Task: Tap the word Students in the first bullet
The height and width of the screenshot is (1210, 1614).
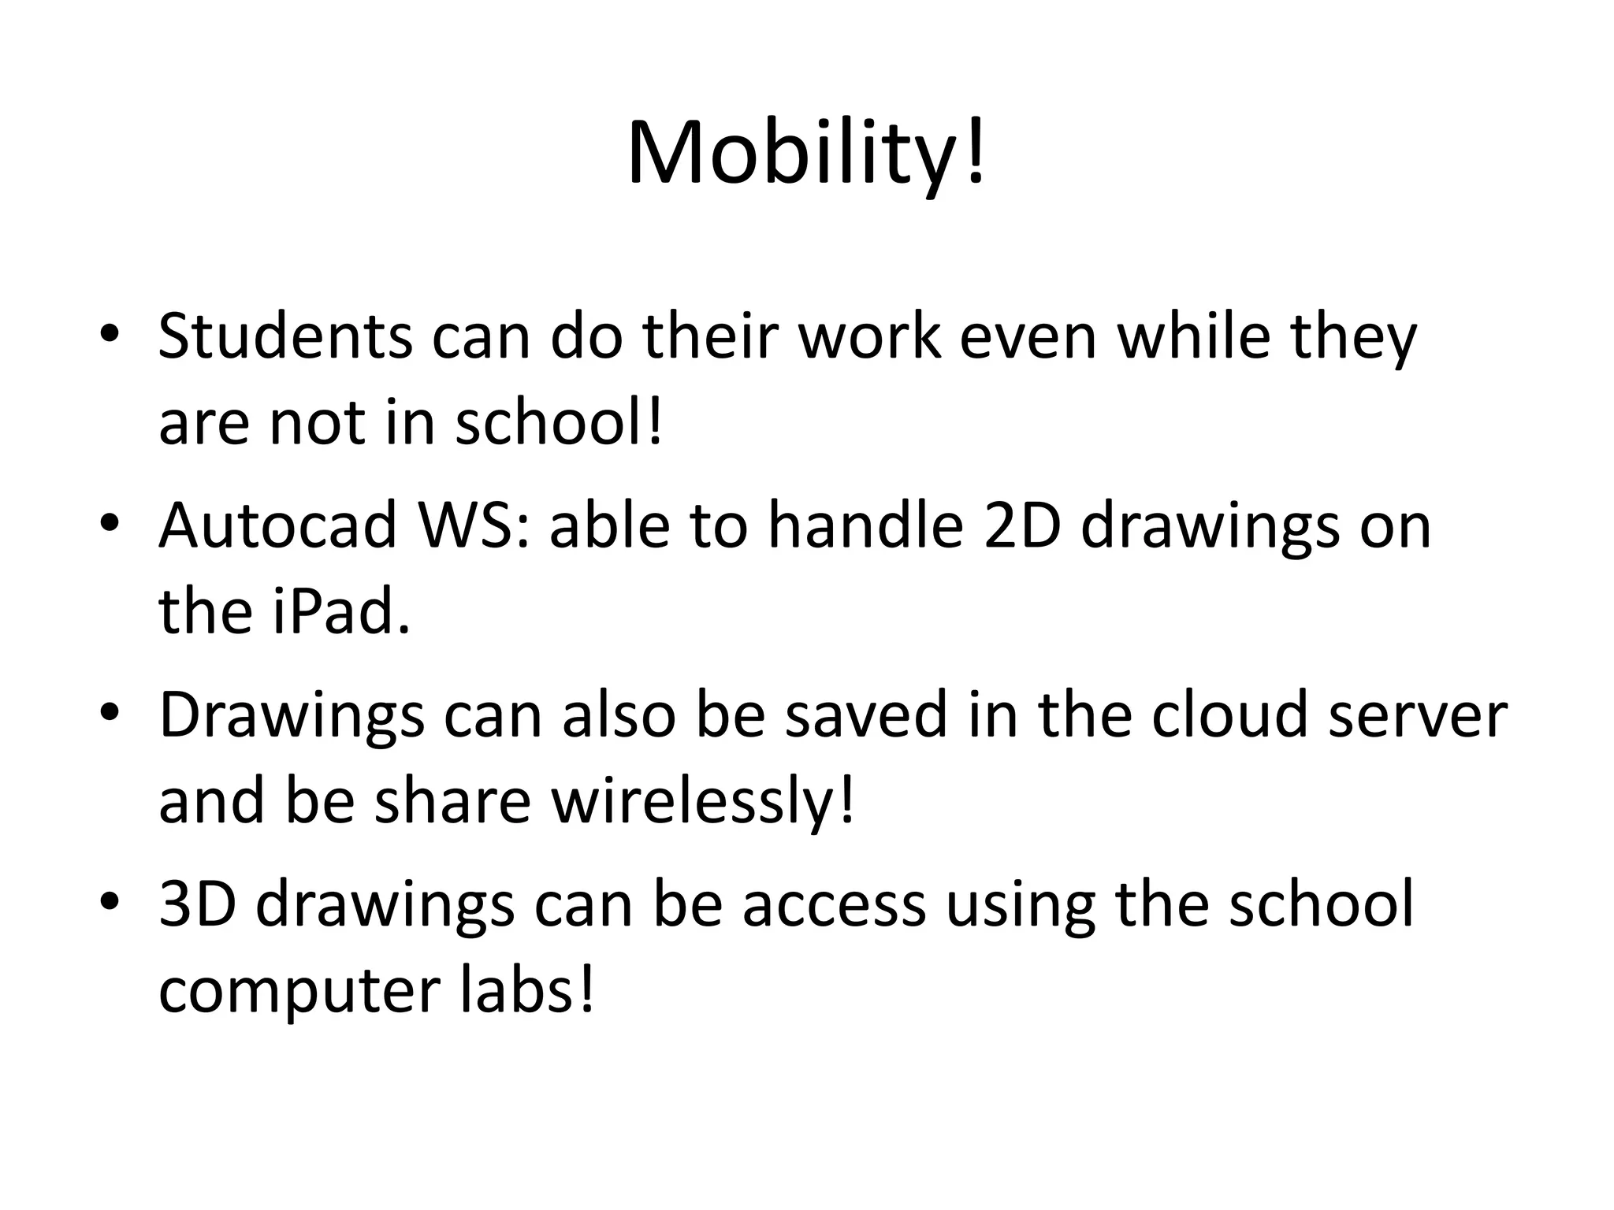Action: [x=284, y=336]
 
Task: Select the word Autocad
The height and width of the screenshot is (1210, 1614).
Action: [x=277, y=525]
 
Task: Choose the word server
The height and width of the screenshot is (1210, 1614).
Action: [x=1418, y=714]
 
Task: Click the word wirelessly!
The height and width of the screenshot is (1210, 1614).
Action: [x=702, y=800]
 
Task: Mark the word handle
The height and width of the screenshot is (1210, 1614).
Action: [x=866, y=525]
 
